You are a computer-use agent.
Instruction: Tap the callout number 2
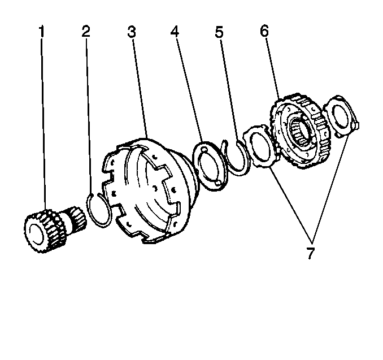[86, 31]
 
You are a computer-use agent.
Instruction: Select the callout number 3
[132, 31]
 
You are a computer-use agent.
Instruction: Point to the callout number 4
[176, 31]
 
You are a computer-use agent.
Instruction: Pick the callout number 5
[219, 31]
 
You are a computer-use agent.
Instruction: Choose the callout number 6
[264, 31]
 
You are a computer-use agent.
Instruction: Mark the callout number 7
[310, 253]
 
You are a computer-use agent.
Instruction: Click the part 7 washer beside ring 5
[259, 146]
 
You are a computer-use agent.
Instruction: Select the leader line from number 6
[273, 68]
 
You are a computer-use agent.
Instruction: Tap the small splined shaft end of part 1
[74, 217]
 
